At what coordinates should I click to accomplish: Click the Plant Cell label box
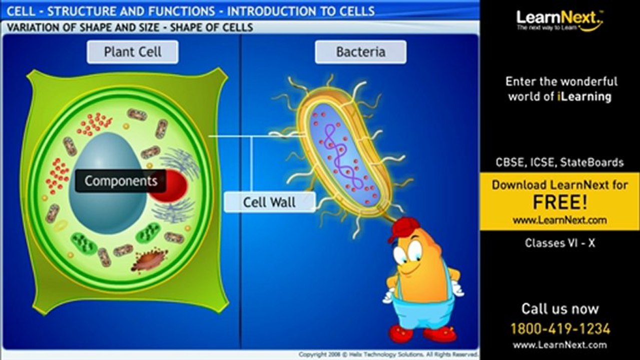(133, 52)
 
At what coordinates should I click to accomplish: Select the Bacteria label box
(360, 52)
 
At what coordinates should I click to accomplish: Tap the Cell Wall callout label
(269, 202)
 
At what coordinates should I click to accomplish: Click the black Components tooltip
(121, 181)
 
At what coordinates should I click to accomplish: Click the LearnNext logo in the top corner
(559, 19)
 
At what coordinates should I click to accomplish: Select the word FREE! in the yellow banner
(559, 202)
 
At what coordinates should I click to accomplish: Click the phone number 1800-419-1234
(560, 328)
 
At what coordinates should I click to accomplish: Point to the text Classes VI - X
(559, 243)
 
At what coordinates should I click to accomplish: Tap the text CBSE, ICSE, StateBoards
(559, 162)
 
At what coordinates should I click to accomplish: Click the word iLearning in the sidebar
(584, 96)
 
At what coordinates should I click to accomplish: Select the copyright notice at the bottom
(388, 354)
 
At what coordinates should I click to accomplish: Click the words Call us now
(559, 308)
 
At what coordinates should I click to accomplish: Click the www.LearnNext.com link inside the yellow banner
(559, 220)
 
